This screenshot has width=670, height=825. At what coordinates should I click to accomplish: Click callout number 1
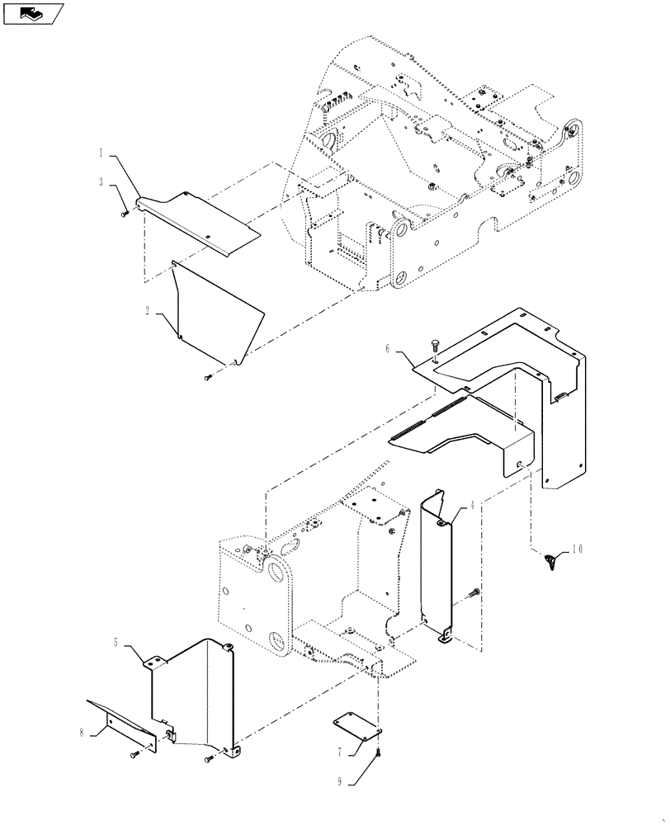click(x=103, y=153)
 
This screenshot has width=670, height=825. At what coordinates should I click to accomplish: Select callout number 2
click(x=148, y=311)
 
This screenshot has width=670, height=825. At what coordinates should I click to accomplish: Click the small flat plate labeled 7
click(x=356, y=727)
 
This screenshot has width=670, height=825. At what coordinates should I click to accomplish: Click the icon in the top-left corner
click(x=34, y=13)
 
